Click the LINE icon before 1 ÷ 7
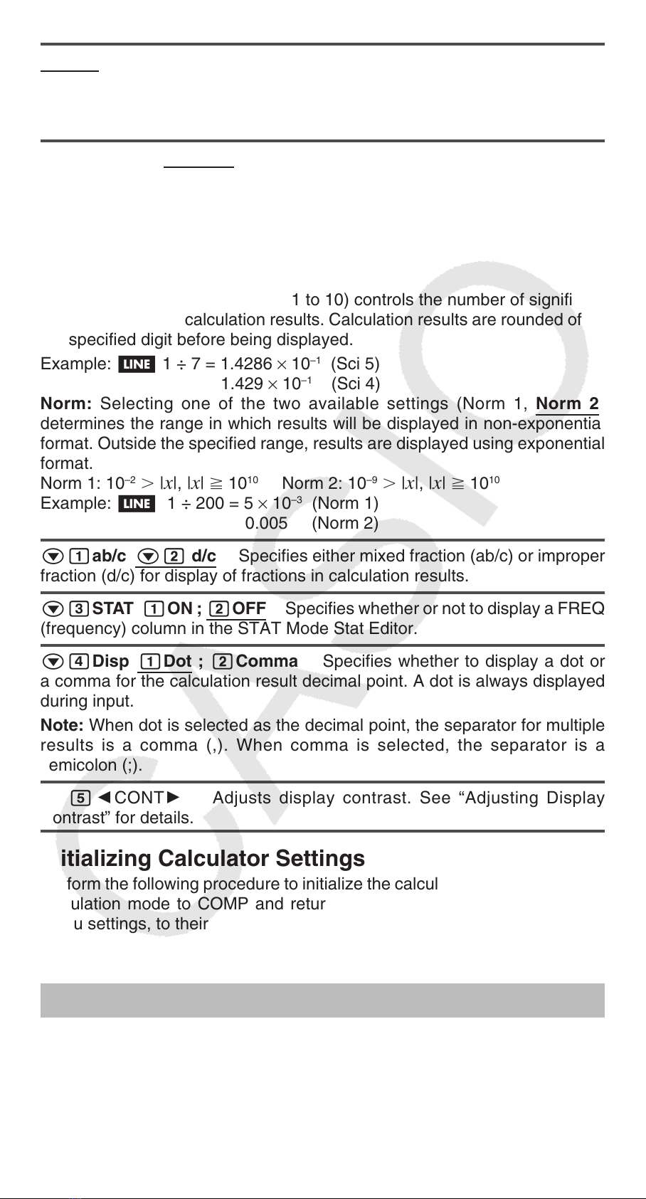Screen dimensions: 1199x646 coord(135,364)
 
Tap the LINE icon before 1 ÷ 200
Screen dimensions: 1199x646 coord(135,504)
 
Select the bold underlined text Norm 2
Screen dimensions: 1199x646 coord(566,404)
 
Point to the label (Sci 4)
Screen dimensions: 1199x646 coord(355,384)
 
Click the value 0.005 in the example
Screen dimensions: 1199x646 coord(266,524)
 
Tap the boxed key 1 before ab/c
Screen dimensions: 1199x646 coord(79,556)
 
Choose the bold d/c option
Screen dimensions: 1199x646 coord(203,556)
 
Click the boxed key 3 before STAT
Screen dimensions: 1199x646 coord(79,609)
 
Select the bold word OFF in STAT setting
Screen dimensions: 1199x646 coord(249,609)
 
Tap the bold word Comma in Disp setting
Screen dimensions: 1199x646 coord(267,662)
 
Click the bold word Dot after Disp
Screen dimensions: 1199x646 coord(178,662)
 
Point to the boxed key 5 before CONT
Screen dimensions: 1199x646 coord(80,798)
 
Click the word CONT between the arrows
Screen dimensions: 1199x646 coord(139,798)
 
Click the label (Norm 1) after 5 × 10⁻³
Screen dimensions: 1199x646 coord(345,504)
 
